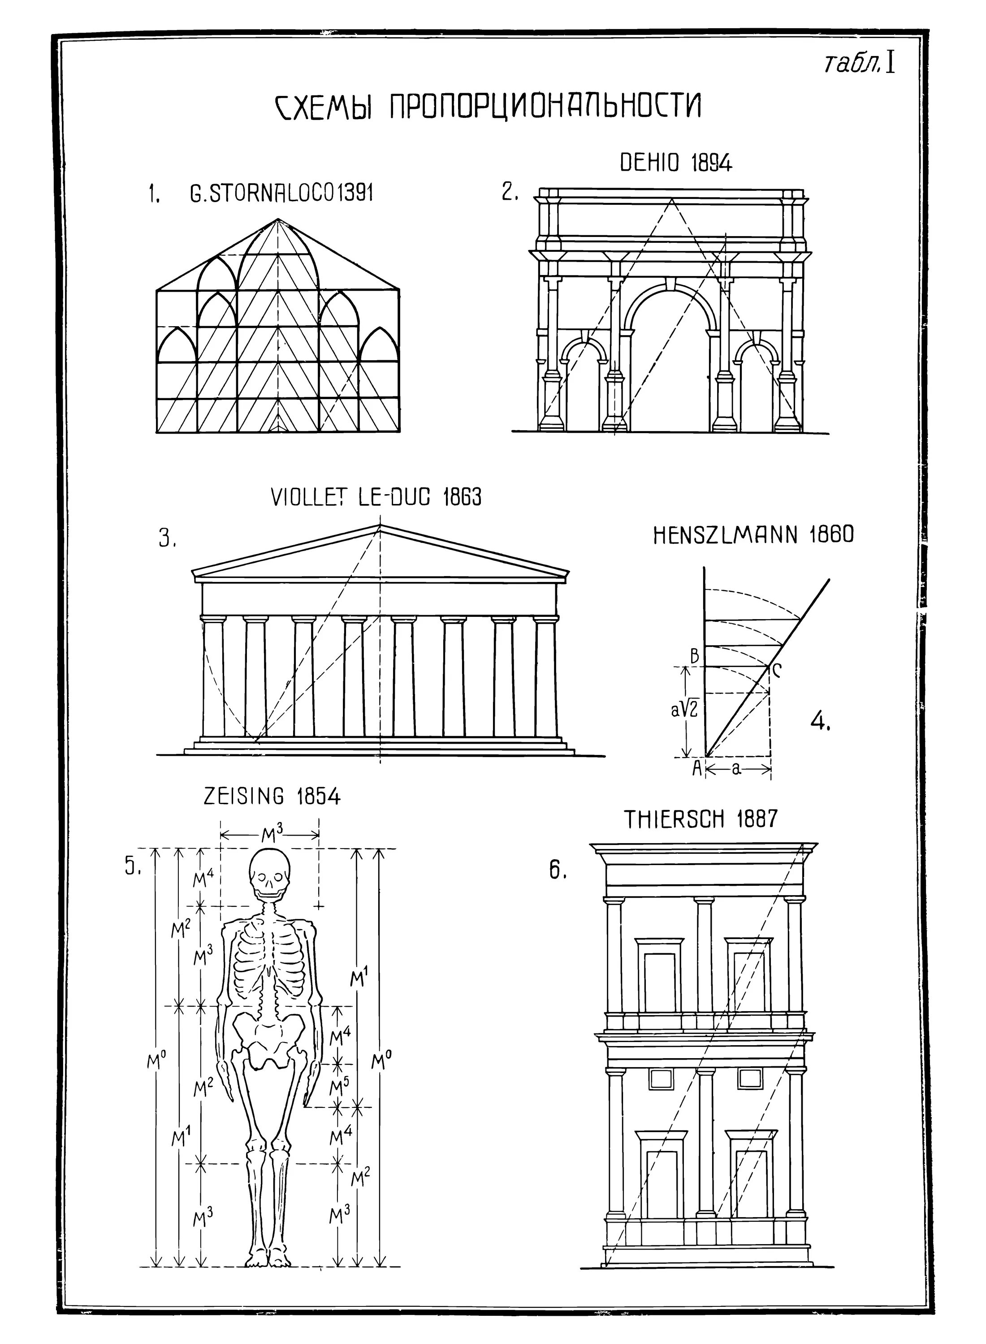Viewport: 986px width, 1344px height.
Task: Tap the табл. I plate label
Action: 860,63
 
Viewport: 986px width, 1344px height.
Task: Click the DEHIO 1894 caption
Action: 676,163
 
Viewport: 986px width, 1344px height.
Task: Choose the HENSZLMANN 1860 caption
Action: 753,535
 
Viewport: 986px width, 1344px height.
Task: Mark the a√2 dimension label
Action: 684,710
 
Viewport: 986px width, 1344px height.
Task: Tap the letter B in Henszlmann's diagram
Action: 695,657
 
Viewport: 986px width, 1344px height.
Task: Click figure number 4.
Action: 821,723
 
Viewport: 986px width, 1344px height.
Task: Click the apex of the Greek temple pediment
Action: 380,526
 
